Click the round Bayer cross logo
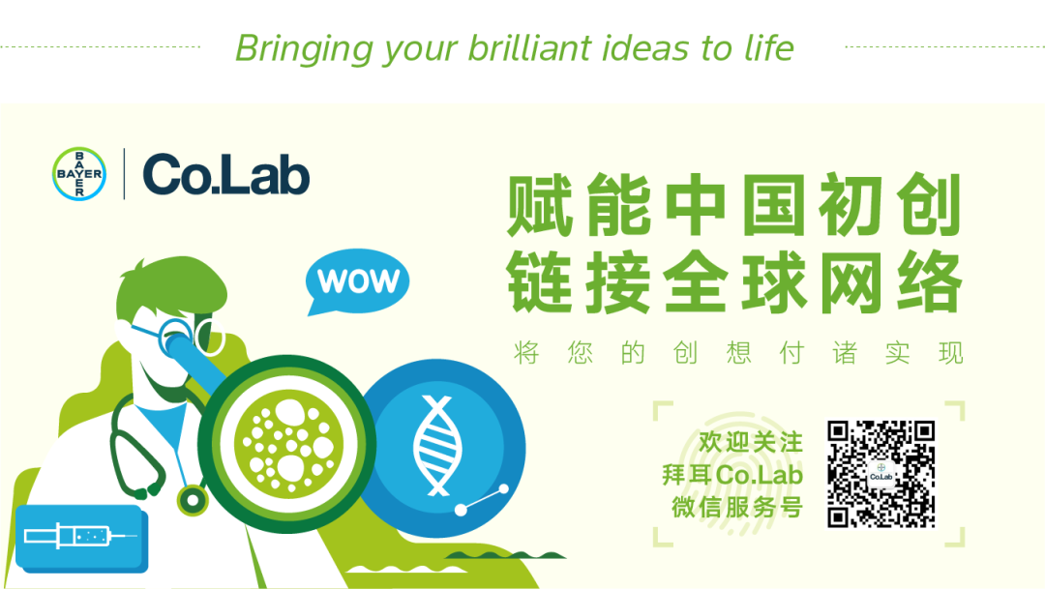79,174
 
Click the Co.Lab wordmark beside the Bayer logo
225,174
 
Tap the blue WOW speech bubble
357,281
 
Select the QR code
881,474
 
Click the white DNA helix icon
437,445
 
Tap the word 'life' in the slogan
769,48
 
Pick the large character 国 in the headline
774,205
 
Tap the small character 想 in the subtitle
738,352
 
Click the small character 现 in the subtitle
951,352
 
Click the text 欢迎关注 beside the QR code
751,442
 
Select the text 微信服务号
737,507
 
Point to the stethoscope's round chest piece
193,499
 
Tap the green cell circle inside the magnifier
288,444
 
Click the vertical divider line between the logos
125,174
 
